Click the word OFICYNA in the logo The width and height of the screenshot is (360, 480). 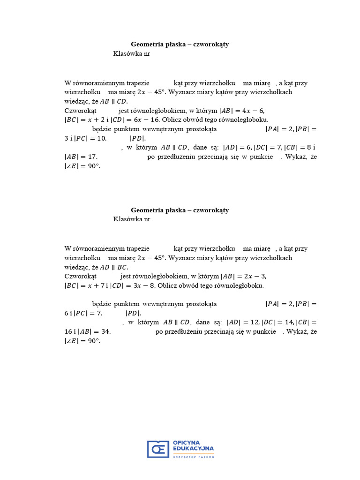(187, 442)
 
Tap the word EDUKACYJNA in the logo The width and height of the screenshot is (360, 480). (193, 449)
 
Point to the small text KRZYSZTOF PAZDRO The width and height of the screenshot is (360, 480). (193, 456)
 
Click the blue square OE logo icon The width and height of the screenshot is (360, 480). (158, 449)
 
